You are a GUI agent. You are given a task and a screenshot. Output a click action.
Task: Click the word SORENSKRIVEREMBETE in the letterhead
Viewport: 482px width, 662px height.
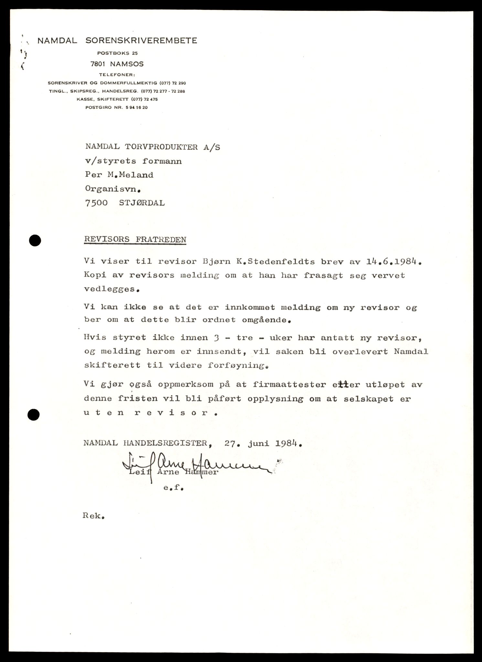coord(141,41)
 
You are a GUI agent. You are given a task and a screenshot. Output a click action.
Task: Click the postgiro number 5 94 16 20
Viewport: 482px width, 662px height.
coord(134,107)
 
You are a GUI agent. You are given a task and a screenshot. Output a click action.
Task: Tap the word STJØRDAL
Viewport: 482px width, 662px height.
coord(142,203)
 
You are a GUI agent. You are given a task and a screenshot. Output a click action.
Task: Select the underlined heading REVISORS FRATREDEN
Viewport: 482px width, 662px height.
coord(135,240)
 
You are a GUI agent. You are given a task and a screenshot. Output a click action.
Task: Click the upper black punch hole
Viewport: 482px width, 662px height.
coord(35,240)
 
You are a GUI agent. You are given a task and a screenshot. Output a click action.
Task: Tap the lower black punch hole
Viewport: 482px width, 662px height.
coord(34,414)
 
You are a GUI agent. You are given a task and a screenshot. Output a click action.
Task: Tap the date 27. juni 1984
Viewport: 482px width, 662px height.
coord(263,443)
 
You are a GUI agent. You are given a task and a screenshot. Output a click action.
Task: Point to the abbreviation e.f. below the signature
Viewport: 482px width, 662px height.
coord(173,489)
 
